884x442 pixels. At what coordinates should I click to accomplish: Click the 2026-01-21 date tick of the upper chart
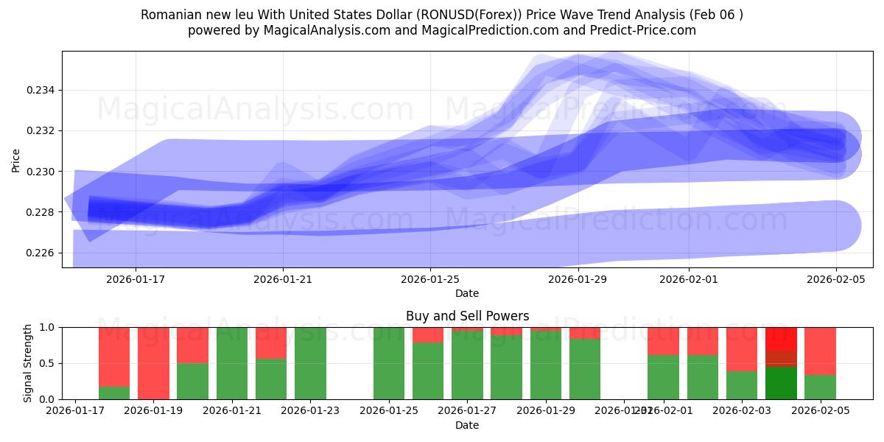click(284, 279)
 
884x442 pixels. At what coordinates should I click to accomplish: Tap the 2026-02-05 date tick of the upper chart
click(836, 279)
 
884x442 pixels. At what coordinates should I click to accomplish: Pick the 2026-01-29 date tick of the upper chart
click(578, 279)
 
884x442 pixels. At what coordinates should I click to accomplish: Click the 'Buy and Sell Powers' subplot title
click(467, 316)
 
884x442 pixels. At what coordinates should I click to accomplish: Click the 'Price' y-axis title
click(16, 160)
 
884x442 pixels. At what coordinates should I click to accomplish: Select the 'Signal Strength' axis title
click(28, 362)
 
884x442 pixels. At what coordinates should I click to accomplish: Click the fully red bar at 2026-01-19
click(153, 363)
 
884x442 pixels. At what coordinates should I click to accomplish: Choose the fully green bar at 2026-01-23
click(310, 363)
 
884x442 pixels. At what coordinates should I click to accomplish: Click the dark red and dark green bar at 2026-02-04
click(781, 363)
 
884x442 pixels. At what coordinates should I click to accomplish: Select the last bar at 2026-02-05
click(820, 363)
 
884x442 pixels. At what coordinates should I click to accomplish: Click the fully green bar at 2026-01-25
click(389, 363)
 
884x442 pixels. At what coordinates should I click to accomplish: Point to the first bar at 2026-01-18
click(114, 363)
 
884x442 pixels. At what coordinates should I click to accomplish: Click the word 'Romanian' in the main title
click(169, 15)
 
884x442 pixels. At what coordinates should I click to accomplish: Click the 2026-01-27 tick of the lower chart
click(467, 411)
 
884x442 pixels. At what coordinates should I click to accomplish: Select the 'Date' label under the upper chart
click(467, 293)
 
